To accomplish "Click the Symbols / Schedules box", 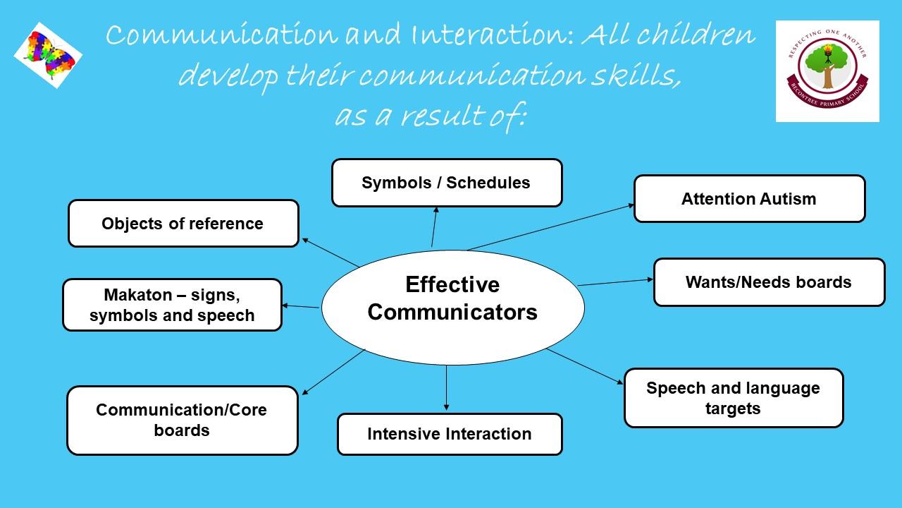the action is click(447, 183).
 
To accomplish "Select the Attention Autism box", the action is click(749, 199).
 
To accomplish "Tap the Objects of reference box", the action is click(184, 224).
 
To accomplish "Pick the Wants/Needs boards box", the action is click(769, 282).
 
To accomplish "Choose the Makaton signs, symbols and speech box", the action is click(173, 305).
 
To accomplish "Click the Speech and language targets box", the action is click(734, 398).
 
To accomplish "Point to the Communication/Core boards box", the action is click(183, 421).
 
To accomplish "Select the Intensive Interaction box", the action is click(450, 434).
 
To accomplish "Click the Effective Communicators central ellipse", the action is click(452, 308).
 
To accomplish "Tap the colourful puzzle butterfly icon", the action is click(49, 55).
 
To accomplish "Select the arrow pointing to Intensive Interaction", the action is click(446, 388).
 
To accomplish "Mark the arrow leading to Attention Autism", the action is click(551, 227).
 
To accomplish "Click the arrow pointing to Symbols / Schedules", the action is click(434, 227).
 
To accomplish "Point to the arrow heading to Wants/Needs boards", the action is click(616, 282).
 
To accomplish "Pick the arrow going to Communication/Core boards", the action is click(333, 372).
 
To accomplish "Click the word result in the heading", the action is click(442, 116).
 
